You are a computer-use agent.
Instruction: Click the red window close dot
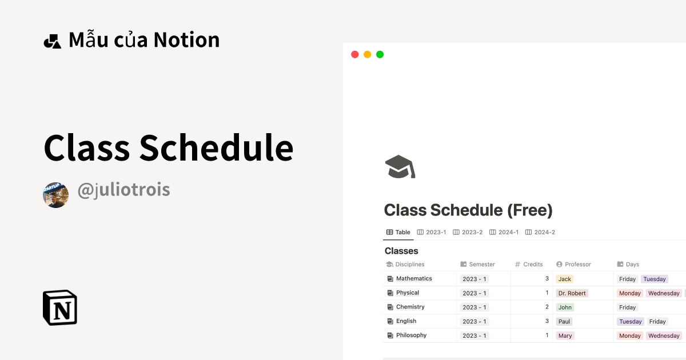click(x=354, y=55)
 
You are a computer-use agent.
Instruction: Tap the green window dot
click(x=380, y=55)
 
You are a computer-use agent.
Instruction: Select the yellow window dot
click(x=367, y=55)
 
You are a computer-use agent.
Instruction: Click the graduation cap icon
click(x=400, y=167)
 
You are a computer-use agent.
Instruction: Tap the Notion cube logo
click(x=60, y=307)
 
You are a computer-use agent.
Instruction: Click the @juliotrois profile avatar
click(x=56, y=195)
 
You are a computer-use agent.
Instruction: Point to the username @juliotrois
click(x=123, y=190)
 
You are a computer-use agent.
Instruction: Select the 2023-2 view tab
click(x=468, y=233)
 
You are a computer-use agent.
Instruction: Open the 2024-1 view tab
click(x=504, y=233)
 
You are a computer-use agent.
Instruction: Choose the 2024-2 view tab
click(x=540, y=233)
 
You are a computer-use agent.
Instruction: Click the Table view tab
click(x=398, y=233)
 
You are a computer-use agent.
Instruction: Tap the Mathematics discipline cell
click(x=414, y=279)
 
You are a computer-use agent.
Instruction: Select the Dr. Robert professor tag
click(x=572, y=293)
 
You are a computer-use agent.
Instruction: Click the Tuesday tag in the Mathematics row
click(x=655, y=279)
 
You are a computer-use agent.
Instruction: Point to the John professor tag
click(x=565, y=307)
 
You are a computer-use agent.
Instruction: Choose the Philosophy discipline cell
click(x=411, y=335)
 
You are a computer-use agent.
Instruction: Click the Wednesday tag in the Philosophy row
click(x=664, y=336)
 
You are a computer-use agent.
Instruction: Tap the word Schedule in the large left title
click(x=216, y=148)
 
